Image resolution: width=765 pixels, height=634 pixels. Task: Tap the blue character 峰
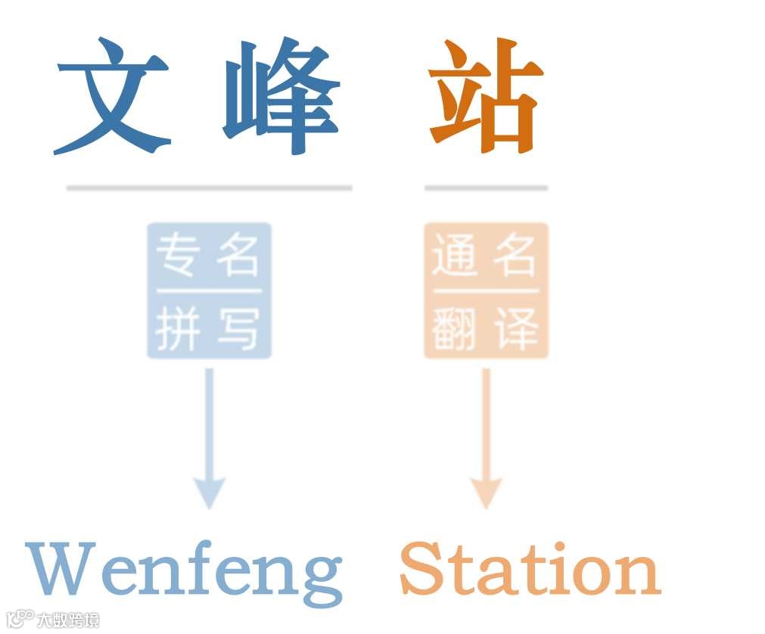pos(281,97)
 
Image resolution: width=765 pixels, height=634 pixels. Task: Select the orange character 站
pos(485,97)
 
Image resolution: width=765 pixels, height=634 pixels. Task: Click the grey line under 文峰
pos(209,188)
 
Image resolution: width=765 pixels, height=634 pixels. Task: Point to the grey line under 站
pos(486,188)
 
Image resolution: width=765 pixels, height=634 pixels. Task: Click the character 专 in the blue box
pos(179,256)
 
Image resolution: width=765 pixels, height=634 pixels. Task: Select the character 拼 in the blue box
pos(179,329)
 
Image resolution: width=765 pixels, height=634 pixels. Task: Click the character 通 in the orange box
pos(456,256)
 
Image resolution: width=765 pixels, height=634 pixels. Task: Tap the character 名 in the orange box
pos(515,256)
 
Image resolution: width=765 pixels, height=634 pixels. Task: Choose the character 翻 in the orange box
pos(456,329)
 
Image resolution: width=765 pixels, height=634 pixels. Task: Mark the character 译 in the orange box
pos(515,329)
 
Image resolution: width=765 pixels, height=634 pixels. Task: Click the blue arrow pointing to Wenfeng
pos(210,439)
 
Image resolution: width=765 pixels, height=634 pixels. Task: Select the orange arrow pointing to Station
pos(486,439)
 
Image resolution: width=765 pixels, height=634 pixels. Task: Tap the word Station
pos(530,569)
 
